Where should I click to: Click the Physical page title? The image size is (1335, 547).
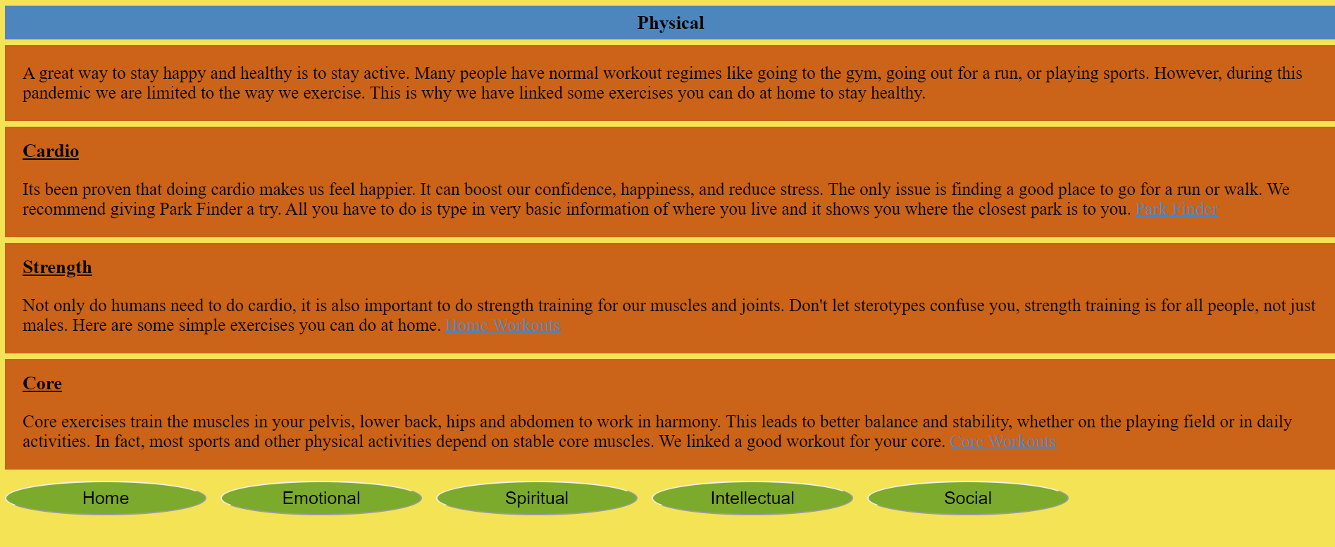pyautogui.click(x=671, y=23)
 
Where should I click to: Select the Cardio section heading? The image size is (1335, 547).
pyautogui.click(x=51, y=151)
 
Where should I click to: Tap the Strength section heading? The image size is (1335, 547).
pyautogui.click(x=57, y=268)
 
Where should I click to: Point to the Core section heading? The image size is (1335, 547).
pyautogui.click(x=42, y=384)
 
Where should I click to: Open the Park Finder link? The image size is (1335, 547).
pyautogui.click(x=1176, y=209)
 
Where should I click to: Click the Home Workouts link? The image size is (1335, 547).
pyautogui.click(x=503, y=325)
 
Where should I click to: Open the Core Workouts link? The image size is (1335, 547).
pyautogui.click(x=1002, y=441)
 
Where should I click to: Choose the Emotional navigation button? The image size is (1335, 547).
pyautogui.click(x=321, y=498)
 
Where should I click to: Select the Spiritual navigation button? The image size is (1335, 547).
pyautogui.click(x=537, y=498)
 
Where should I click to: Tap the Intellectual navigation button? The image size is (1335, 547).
pyautogui.click(x=752, y=498)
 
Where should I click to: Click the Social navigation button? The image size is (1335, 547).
pyautogui.click(x=968, y=498)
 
